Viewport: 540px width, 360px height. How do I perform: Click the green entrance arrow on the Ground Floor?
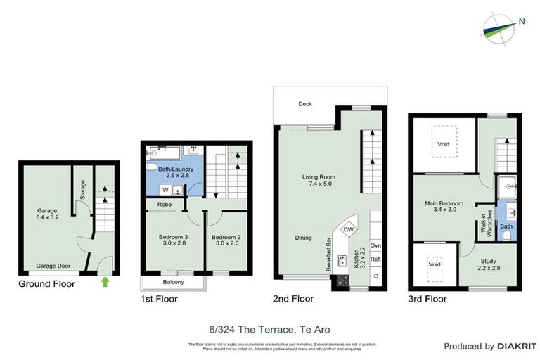pyautogui.click(x=105, y=283)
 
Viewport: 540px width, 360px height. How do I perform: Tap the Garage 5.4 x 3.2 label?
pyautogui.click(x=47, y=214)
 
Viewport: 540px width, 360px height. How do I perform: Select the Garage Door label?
pyautogui.click(x=53, y=266)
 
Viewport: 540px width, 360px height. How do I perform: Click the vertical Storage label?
pyautogui.click(x=83, y=190)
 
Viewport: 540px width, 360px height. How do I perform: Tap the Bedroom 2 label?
pyautogui.click(x=226, y=241)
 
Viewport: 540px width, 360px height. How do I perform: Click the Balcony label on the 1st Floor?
pyautogui.click(x=173, y=282)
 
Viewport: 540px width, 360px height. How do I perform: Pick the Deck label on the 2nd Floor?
pyautogui.click(x=304, y=104)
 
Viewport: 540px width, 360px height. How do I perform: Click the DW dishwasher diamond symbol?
pyautogui.click(x=348, y=229)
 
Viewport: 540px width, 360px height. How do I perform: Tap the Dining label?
pyautogui.click(x=303, y=238)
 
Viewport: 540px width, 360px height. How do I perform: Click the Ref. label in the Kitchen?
pyautogui.click(x=375, y=259)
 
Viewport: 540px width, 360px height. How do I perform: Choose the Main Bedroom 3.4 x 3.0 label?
pyautogui.click(x=445, y=207)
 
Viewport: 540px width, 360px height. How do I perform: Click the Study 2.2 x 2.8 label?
pyautogui.click(x=487, y=264)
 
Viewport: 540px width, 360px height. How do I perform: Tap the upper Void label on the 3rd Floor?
pyautogui.click(x=443, y=144)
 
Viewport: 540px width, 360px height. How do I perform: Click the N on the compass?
pyautogui.click(x=521, y=21)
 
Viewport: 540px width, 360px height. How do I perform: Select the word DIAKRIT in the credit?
pyautogui.click(x=517, y=346)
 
